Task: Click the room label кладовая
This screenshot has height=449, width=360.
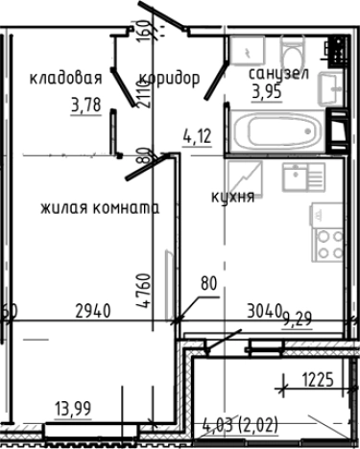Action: pos(65,79)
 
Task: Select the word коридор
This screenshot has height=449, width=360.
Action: pos(169,79)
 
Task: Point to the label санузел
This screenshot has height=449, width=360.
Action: pos(276,74)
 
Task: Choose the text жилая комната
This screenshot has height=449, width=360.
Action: pos(99,207)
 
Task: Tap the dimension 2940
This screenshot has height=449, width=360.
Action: pos(93,310)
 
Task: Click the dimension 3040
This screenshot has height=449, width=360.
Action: pos(263,310)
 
